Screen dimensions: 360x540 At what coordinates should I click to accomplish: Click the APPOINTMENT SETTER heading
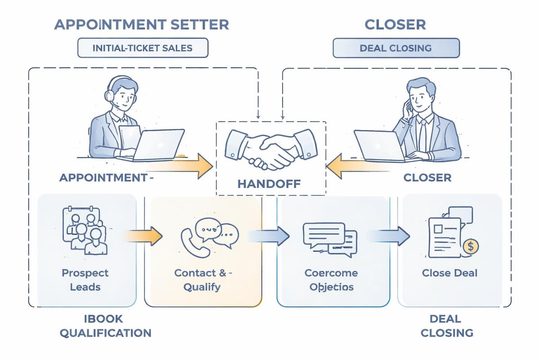pos(141,24)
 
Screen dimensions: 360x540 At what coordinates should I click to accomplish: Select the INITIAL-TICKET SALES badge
pos(143,48)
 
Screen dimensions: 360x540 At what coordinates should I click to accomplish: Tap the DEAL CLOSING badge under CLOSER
pos(396,48)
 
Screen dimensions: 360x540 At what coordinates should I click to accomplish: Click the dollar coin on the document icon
pos(470,246)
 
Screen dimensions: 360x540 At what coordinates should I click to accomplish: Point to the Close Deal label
pos(450,273)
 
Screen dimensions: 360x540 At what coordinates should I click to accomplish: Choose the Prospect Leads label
pos(85,279)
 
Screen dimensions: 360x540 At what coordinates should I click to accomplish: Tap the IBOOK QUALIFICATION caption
pos(105,326)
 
